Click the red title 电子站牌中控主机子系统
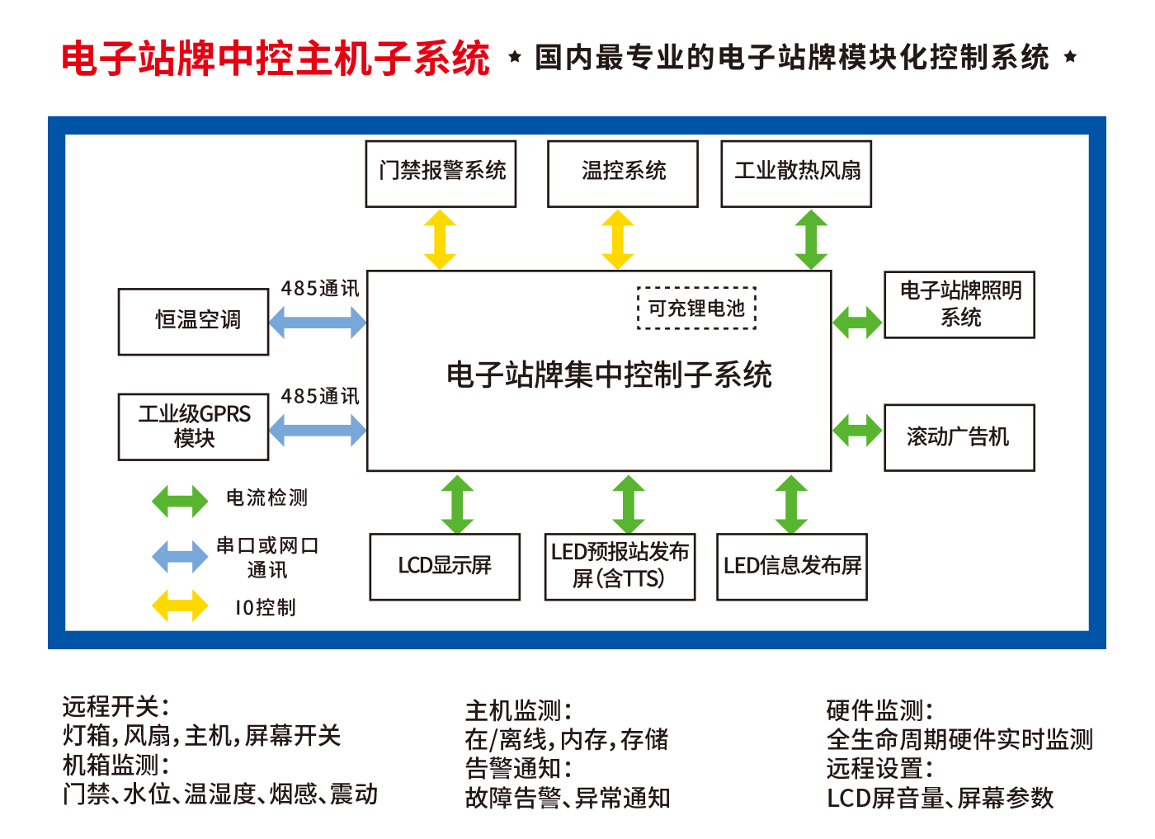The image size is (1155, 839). pyautogui.click(x=276, y=59)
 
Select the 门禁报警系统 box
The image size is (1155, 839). pyautogui.click(x=441, y=173)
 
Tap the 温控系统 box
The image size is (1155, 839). pyautogui.click(x=622, y=173)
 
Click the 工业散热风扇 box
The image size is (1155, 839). pyautogui.click(x=796, y=173)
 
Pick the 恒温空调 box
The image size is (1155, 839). pyautogui.click(x=193, y=321)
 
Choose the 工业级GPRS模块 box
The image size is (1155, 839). pyautogui.click(x=193, y=427)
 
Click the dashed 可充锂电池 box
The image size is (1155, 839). pyautogui.click(x=696, y=309)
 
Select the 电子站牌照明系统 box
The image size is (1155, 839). pyautogui.click(x=959, y=304)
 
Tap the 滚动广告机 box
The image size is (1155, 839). pyautogui.click(x=959, y=437)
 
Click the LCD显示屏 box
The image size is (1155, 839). pyautogui.click(x=445, y=566)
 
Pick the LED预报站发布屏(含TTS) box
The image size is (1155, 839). pyautogui.click(x=620, y=566)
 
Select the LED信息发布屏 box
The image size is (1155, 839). pyautogui.click(x=791, y=566)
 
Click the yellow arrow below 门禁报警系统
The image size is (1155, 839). pyautogui.click(x=440, y=239)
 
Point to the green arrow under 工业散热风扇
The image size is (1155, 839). pyautogui.click(x=811, y=239)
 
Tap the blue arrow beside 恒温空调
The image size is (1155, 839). pyautogui.click(x=318, y=323)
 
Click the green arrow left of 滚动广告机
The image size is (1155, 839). pyautogui.click(x=857, y=431)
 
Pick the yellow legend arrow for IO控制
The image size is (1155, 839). pyautogui.click(x=180, y=606)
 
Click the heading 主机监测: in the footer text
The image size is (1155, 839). pyautogui.click(x=518, y=710)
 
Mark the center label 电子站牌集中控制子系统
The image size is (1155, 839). pyautogui.click(x=609, y=375)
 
